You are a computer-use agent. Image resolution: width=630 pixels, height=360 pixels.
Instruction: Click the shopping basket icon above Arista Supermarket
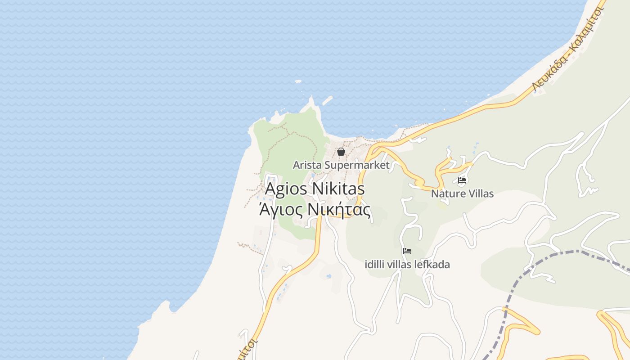point(341,152)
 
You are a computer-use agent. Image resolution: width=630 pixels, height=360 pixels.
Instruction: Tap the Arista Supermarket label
point(341,165)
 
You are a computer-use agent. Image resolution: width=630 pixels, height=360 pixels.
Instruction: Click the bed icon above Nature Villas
point(462,181)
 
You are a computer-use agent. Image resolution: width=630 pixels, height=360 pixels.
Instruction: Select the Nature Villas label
point(462,194)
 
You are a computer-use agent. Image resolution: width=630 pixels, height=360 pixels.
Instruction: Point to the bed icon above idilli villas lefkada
point(407,251)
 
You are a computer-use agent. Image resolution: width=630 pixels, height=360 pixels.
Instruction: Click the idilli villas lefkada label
point(407,265)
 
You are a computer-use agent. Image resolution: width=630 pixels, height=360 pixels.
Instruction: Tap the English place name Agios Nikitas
point(315,189)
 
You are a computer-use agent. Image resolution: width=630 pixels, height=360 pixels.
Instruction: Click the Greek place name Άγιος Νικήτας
point(315,210)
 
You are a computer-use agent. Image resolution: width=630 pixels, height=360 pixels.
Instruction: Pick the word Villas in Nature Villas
point(479,194)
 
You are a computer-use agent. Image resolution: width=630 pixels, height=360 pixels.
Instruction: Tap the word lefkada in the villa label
point(432,265)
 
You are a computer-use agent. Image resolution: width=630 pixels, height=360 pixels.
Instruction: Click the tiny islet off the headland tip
point(298,81)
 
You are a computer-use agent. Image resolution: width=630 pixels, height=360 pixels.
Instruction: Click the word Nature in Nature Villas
point(446,194)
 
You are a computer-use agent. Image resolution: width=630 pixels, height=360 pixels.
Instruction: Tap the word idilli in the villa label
point(376,265)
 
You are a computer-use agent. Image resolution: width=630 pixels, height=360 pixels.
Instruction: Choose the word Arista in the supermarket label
point(307,165)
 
